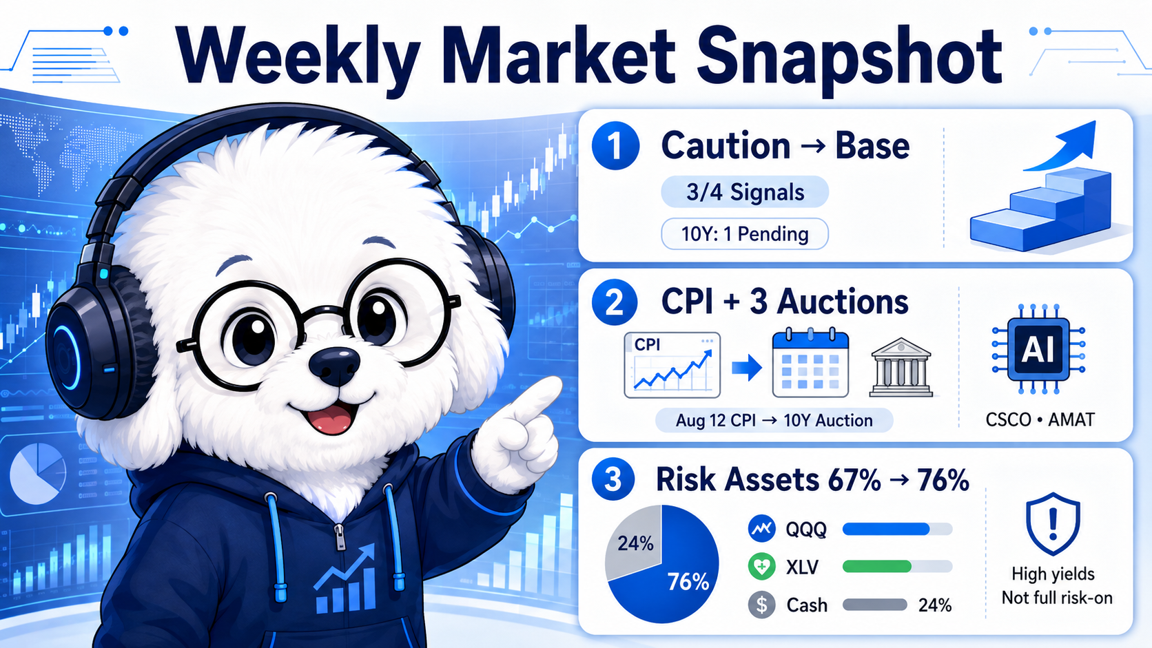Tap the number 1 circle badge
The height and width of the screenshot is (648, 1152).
615,146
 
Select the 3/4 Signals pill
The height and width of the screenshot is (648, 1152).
745,192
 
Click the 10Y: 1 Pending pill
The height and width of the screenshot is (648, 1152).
745,234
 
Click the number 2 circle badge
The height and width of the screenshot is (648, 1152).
615,302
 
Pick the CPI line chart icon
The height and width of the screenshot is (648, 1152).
672,366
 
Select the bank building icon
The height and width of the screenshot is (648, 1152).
901,367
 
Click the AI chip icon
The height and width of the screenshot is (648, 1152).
1038,349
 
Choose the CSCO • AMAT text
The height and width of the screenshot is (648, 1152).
1040,420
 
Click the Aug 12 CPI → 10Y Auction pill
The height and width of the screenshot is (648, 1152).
774,420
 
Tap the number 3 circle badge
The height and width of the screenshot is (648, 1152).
613,479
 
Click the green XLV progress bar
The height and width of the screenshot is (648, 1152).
876,566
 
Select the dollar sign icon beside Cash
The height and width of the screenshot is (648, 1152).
761,605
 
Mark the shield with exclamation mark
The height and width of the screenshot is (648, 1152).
1053,523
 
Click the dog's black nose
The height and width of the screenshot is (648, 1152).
335,366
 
